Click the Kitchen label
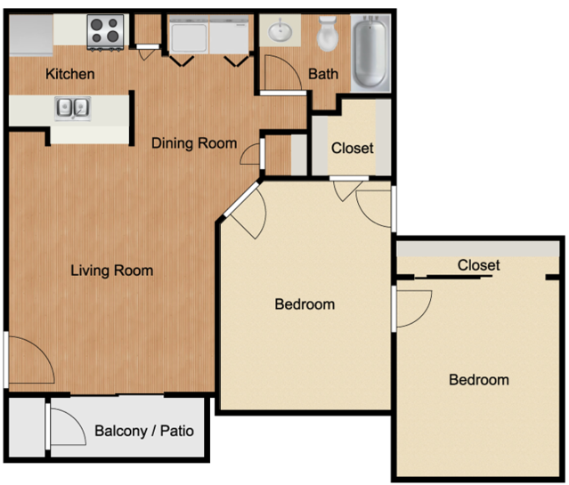[70, 74]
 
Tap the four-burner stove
[106, 31]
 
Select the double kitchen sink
[73, 108]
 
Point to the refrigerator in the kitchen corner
[31, 35]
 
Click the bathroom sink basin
[280, 30]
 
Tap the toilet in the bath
[328, 34]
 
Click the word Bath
[323, 74]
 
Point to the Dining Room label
[194, 143]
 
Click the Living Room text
[112, 271]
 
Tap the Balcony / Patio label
[144, 431]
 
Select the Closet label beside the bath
[352, 148]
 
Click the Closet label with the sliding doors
[479, 265]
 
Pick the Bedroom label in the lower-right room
[479, 380]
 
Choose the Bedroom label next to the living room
[305, 304]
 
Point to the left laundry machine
[189, 36]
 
